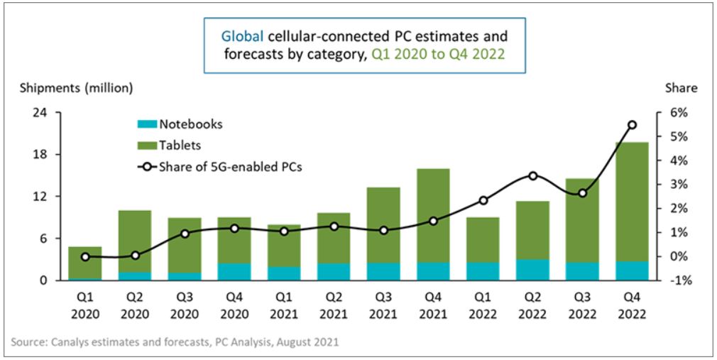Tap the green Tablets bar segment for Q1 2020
[x=85, y=263]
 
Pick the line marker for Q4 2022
[x=632, y=125]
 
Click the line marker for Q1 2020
[x=85, y=256]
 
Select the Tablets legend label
[x=180, y=146]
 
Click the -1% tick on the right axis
[x=677, y=280]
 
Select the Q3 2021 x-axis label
[x=383, y=305]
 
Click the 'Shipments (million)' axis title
[x=75, y=88]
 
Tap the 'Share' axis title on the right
[x=680, y=88]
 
